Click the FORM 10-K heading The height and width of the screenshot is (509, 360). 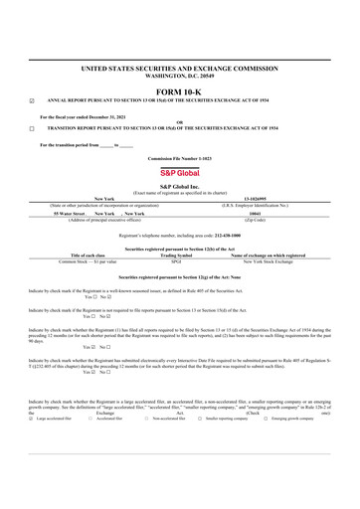(x=180, y=91)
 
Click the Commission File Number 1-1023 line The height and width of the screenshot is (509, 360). (x=180, y=158)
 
